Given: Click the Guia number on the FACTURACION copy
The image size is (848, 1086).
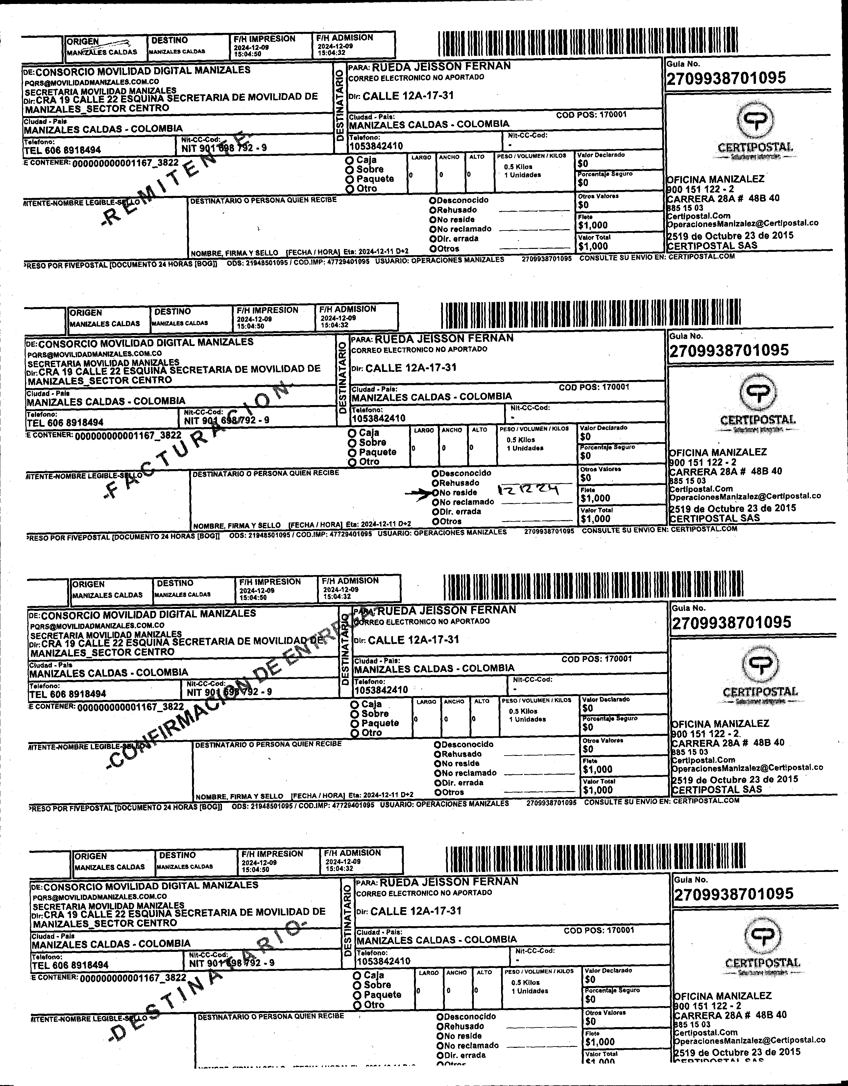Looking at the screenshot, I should pyautogui.click(x=729, y=350).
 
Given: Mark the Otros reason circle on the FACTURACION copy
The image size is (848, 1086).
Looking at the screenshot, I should pyautogui.click(x=435, y=521).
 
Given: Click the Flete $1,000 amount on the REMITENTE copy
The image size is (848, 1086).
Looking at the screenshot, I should pyautogui.click(x=593, y=225).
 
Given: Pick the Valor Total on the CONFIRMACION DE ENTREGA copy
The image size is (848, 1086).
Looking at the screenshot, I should pyautogui.click(x=597, y=790).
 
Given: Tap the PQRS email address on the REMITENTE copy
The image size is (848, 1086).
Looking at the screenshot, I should pyautogui.click(x=92, y=82).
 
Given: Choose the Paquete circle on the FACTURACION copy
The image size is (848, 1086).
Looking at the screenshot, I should pyautogui.click(x=352, y=452).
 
